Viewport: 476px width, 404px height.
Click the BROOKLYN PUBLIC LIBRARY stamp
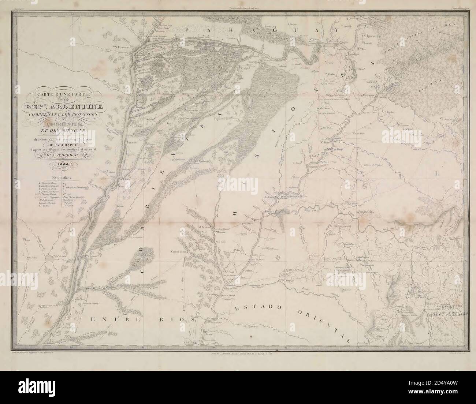pos(449,311)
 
